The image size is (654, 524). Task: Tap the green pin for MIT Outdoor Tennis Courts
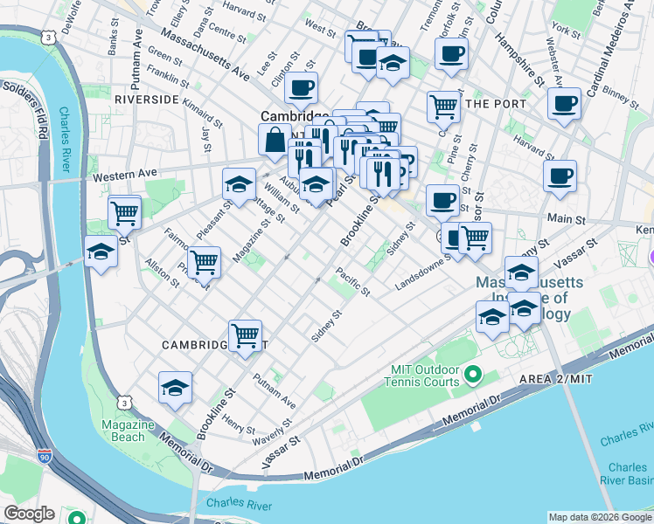tap(473, 376)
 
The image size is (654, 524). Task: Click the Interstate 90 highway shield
tap(45, 457)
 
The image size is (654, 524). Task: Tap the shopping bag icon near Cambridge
tap(275, 140)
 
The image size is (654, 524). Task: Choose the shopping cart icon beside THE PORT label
tap(444, 107)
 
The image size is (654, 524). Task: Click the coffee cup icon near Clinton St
tap(301, 87)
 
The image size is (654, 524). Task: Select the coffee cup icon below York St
tap(564, 102)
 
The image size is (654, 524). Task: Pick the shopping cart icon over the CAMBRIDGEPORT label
tap(245, 335)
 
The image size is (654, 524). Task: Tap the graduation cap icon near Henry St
tap(175, 388)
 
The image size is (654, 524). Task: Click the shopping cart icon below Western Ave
tap(124, 211)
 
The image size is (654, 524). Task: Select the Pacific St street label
tap(353, 280)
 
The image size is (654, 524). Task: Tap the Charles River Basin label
tap(628, 473)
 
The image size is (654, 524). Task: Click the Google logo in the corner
tap(29, 513)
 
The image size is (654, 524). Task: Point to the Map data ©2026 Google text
tap(599, 517)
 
